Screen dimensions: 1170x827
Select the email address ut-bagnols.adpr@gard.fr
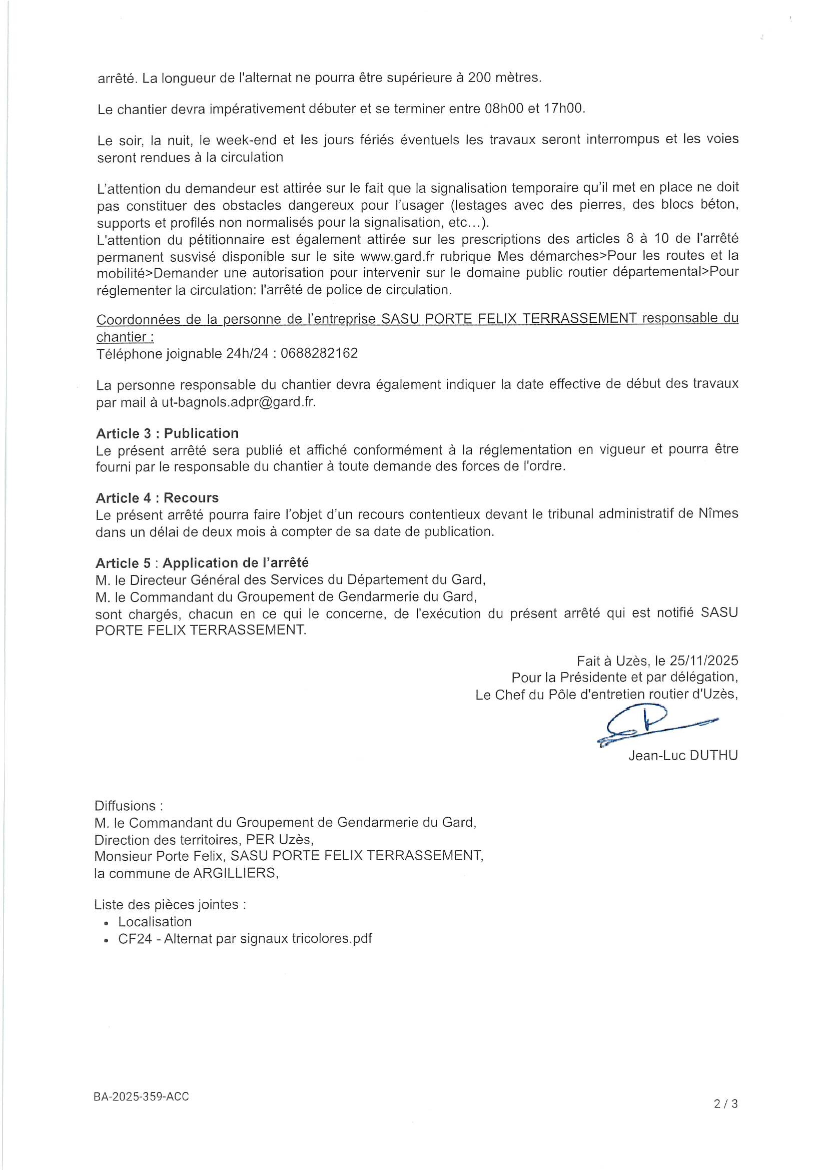click(x=239, y=401)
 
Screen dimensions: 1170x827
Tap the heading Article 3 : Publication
click(x=167, y=433)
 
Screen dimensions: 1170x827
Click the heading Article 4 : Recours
click(x=157, y=497)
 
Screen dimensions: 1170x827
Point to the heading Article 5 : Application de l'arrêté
click(x=202, y=562)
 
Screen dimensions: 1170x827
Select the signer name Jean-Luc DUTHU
click(x=683, y=756)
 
